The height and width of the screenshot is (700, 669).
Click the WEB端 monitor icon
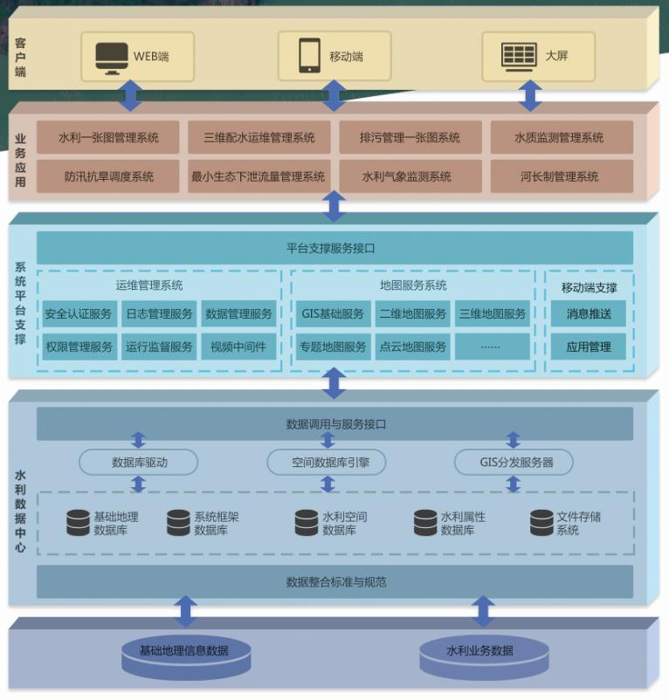tap(112, 57)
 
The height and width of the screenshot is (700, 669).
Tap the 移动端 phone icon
tap(309, 57)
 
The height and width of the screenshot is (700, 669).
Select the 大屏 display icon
tap(519, 56)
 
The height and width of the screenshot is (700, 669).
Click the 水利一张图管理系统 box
tap(108, 138)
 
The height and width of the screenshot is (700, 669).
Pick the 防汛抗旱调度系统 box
tap(108, 176)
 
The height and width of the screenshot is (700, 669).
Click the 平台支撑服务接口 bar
tap(334, 248)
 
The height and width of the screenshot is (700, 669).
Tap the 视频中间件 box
tap(238, 347)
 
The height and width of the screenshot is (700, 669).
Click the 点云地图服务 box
tap(412, 347)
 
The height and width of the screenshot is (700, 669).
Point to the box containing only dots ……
tap(491, 347)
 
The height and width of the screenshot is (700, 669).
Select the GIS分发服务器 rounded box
tap(515, 463)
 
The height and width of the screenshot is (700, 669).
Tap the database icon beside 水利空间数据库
tap(307, 523)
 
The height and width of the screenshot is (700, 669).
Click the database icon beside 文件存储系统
tap(541, 523)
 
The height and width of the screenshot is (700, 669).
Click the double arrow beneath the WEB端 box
tap(131, 95)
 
